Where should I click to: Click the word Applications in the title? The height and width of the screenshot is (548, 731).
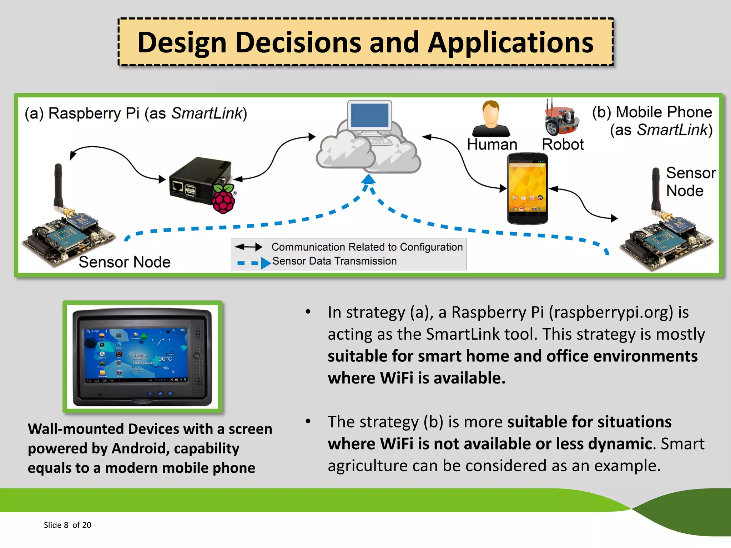pos(510,43)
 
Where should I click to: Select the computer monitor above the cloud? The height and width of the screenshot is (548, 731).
pos(370,116)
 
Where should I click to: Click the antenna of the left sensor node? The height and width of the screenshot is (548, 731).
pos(58,186)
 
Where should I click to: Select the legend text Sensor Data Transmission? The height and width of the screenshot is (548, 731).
pos(334,261)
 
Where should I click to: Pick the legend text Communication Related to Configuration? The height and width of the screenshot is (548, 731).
pos(367,247)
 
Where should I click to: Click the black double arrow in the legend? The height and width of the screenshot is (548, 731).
pos(248,247)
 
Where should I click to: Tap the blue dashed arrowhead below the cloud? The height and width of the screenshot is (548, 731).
pos(368,179)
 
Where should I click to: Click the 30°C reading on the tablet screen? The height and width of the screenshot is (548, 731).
pos(165,359)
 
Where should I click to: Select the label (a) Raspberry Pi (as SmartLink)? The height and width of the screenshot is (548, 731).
pos(136,113)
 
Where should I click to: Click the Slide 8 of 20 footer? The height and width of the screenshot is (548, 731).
pos(67,525)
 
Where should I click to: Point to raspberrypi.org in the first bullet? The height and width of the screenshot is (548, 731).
pos(610,313)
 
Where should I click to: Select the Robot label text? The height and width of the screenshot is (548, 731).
pos(563,144)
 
